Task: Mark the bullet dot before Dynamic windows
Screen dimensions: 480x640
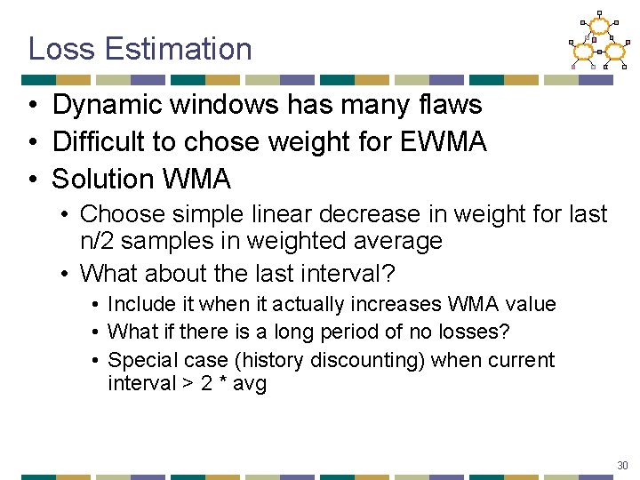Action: click(31, 106)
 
